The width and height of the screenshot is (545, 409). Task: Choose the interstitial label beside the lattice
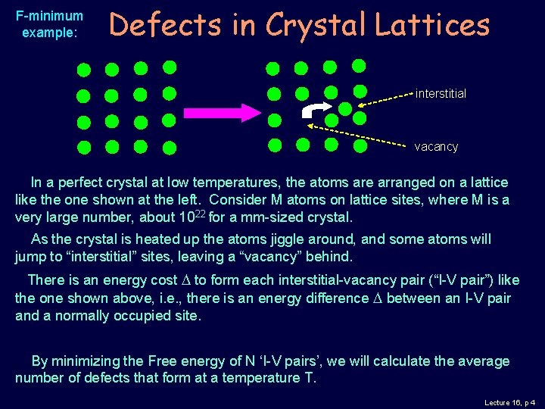point(441,94)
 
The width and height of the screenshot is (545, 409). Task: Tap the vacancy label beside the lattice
point(436,146)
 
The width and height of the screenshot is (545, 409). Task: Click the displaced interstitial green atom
point(344,108)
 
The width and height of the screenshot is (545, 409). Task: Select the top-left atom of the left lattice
point(84,70)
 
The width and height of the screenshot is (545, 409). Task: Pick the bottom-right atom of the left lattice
point(170,147)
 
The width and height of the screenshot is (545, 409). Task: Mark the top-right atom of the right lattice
point(359,66)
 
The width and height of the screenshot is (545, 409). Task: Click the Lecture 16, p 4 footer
point(509,402)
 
